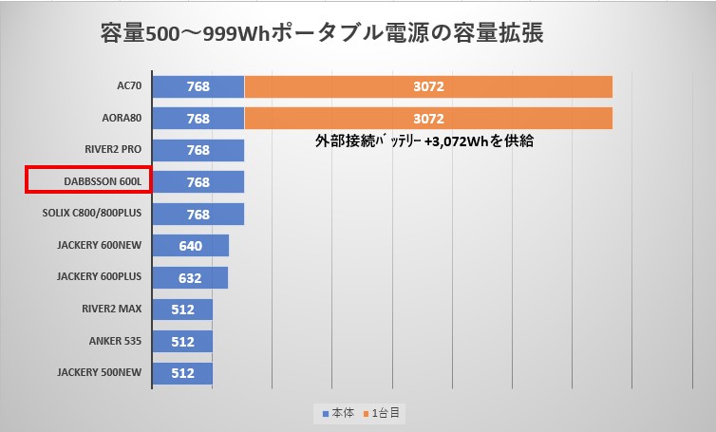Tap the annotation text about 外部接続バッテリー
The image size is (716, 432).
coord(424,141)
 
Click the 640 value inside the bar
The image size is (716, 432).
coord(190,246)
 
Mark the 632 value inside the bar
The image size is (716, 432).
coord(190,277)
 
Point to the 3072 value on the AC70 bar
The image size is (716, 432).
coord(428,86)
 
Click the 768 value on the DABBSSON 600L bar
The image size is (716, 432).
coord(198,182)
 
